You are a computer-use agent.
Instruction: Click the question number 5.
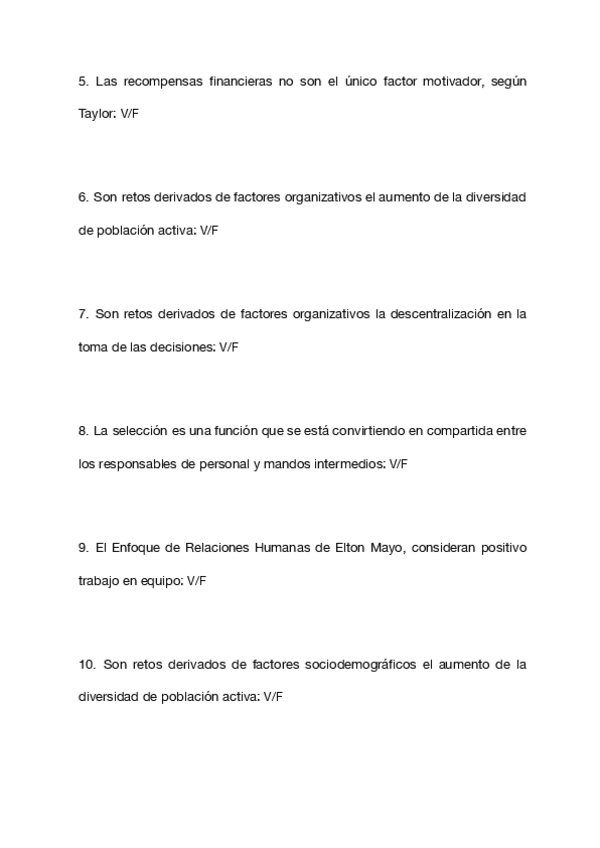click(x=82, y=81)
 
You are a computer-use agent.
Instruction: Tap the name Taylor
click(x=96, y=114)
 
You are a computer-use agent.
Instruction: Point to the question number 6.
click(x=82, y=197)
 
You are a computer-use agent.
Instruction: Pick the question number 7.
click(x=82, y=314)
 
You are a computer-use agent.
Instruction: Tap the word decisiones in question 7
click(x=183, y=347)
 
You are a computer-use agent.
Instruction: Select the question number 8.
click(x=82, y=431)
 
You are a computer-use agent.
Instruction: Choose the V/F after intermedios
click(x=398, y=464)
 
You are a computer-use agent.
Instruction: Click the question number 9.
click(x=82, y=548)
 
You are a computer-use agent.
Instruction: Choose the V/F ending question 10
click(x=273, y=697)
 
